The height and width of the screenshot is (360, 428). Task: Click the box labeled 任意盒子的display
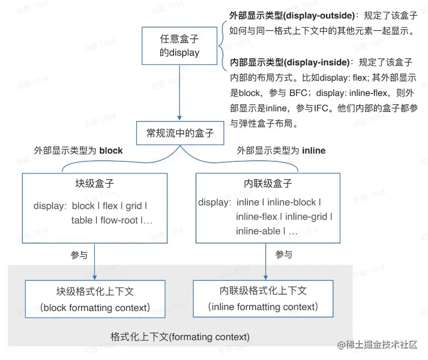pyautogui.click(x=179, y=46)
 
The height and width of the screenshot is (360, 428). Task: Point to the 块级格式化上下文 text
pyautogui.click(x=95, y=292)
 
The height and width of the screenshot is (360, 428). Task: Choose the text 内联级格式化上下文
pyautogui.click(x=263, y=291)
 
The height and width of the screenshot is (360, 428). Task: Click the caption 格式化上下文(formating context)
pyautogui.click(x=180, y=337)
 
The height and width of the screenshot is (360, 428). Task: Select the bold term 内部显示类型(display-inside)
pyautogui.click(x=291, y=63)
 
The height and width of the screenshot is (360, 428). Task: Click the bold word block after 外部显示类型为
pyautogui.click(x=111, y=151)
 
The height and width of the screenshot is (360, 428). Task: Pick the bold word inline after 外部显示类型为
pyautogui.click(x=314, y=151)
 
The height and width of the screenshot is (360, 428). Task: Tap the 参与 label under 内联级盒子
pyautogui.click(x=284, y=254)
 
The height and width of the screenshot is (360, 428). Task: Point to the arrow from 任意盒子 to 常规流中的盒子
pyautogui.click(x=179, y=92)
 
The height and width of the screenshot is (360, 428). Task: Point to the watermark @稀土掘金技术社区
pyautogui.click(x=377, y=345)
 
